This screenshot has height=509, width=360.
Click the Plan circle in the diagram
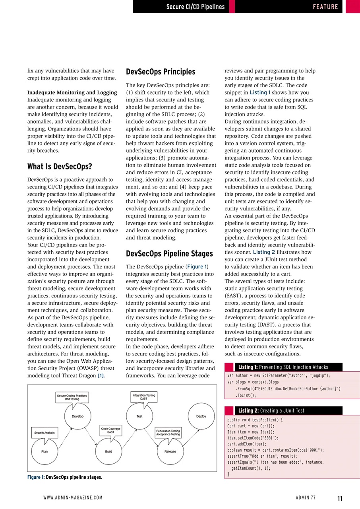(x=45, y=451)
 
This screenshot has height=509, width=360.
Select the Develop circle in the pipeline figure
(x=77, y=416)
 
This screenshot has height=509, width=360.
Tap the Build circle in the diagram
(x=108, y=451)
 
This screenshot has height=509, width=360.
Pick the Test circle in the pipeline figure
(x=139, y=416)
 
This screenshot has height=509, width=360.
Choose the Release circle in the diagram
(x=170, y=451)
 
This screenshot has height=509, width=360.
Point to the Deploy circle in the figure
(x=201, y=416)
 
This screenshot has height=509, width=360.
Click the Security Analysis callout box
(x=45, y=432)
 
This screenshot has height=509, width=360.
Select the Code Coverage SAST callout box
(x=110, y=430)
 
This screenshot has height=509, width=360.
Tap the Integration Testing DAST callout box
(x=144, y=396)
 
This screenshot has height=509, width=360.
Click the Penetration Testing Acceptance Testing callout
(x=168, y=433)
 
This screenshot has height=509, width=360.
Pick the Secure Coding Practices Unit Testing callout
(x=72, y=397)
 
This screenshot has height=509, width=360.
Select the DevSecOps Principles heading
(x=161, y=72)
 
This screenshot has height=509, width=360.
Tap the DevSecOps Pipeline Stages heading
(x=169, y=253)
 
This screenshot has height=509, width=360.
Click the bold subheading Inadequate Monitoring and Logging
(x=72, y=93)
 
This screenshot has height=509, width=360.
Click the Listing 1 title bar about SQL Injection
(x=283, y=367)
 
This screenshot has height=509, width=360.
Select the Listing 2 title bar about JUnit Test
(x=283, y=410)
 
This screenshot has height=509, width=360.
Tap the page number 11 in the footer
(x=340, y=498)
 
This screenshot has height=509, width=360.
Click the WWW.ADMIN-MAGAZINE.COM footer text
(x=73, y=498)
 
